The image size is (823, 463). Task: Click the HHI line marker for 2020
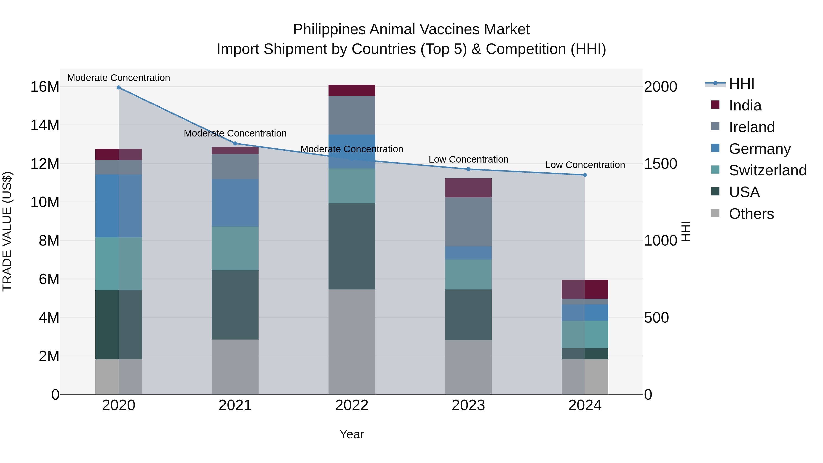pos(118,88)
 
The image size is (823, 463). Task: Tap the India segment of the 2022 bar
pos(352,90)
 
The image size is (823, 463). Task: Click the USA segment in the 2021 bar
pos(235,305)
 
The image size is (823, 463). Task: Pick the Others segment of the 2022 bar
pos(352,342)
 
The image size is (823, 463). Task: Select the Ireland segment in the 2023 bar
pos(468,222)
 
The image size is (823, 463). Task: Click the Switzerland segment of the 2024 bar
pos(585,334)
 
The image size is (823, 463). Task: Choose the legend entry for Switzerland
pos(767,170)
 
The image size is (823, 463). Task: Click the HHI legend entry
pos(741,84)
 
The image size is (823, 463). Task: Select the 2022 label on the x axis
pos(352,405)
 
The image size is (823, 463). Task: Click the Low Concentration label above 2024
pos(585,165)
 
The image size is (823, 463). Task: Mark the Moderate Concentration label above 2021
pos(235,133)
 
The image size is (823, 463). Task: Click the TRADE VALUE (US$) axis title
pos(7,231)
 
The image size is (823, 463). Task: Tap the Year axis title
pos(352,434)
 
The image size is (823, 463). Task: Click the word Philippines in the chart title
pos(329,29)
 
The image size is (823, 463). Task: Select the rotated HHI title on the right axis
pos(686,231)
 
